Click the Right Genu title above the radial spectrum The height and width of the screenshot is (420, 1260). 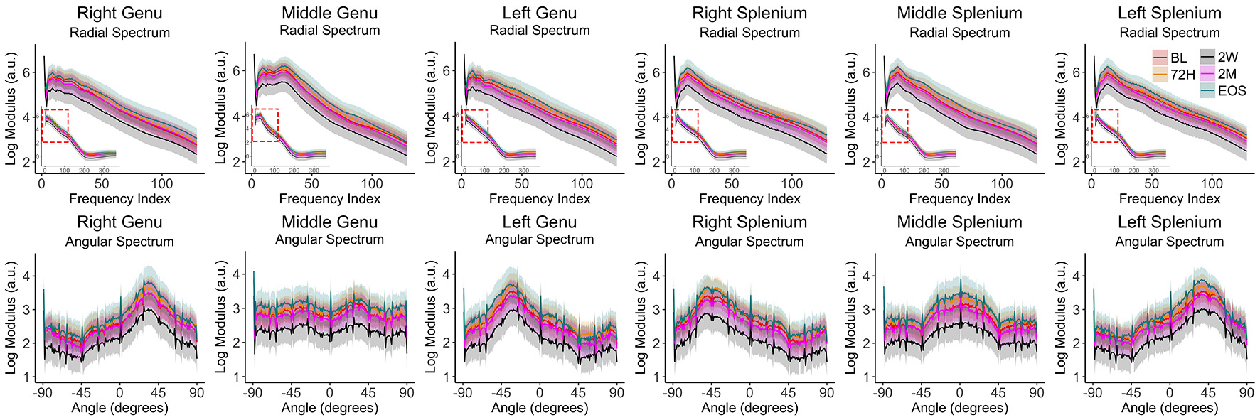click(119, 13)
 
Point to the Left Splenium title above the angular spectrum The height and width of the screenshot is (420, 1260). click(1169, 222)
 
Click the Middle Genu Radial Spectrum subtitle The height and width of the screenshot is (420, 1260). click(329, 31)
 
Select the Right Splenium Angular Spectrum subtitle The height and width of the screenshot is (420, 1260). click(749, 242)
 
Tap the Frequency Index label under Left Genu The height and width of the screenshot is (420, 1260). click(540, 199)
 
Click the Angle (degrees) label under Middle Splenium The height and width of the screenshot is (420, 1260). click(959, 408)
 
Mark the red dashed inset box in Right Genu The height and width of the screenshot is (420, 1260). click(55, 126)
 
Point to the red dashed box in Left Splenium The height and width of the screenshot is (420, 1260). click(1104, 126)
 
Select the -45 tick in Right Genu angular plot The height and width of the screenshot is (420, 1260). click(80, 392)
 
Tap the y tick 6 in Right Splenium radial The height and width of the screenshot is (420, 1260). click(657, 72)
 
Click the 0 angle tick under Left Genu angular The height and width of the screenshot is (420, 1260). click(539, 392)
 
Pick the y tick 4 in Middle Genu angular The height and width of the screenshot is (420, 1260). click(236, 274)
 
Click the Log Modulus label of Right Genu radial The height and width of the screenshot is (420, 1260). click(11, 109)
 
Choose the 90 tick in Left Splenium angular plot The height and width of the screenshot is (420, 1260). click(1246, 392)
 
